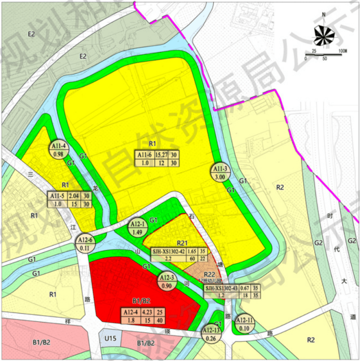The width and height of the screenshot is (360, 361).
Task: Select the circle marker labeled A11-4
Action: [x=58, y=150]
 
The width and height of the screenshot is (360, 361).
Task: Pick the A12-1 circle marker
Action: [x=138, y=227]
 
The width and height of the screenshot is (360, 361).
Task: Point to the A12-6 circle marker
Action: [x=85, y=243]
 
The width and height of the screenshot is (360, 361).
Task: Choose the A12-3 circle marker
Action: [x=168, y=281]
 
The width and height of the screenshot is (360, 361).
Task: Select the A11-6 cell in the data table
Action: [x=144, y=154]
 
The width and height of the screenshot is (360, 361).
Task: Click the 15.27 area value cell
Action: [x=161, y=154]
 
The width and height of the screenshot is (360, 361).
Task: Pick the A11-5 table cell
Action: [x=57, y=196]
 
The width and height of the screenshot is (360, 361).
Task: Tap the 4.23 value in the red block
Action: [x=148, y=312]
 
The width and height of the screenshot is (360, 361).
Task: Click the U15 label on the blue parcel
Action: [x=109, y=339]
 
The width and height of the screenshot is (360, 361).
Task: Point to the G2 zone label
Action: [x=318, y=242]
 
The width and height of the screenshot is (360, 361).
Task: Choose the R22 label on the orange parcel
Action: [x=209, y=275]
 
